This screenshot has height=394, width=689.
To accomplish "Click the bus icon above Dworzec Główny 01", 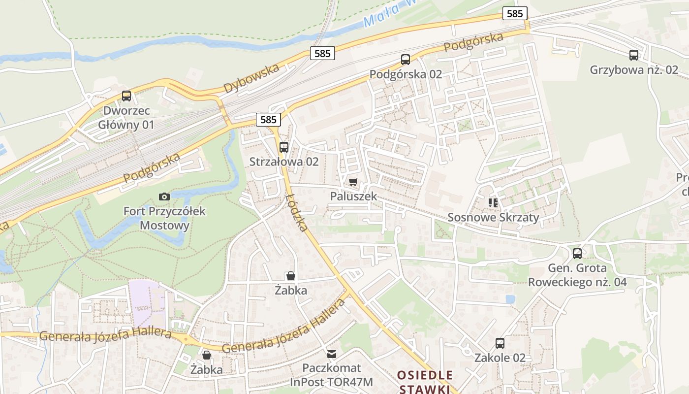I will (126, 96).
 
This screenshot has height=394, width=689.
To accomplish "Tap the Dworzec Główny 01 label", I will (126, 118).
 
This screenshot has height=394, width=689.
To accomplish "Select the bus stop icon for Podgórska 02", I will (406, 60).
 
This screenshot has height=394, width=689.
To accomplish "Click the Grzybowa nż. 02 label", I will (634, 70).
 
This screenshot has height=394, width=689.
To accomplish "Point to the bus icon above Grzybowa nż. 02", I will (634, 55).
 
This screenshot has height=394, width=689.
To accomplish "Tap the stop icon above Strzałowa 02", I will (284, 147).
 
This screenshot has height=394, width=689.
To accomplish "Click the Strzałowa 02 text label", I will (284, 162).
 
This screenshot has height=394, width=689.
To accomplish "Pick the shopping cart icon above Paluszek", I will (353, 182).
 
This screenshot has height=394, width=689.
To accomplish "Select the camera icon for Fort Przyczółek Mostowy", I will (164, 197).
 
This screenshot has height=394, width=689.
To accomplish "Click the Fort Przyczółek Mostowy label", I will (164, 219).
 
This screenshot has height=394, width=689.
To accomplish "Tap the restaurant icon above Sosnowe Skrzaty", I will (493, 202).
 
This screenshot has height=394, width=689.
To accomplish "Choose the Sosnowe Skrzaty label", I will (493, 217).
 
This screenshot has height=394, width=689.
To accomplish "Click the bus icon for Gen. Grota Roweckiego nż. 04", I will (577, 254).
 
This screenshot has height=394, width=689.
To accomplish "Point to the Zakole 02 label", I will (500, 358).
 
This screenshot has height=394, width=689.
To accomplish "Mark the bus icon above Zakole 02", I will (500, 343).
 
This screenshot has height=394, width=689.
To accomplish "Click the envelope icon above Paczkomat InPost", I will (332, 354).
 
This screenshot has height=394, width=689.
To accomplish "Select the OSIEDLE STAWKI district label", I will (425, 382).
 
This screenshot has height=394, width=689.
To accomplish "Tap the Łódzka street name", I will (297, 213).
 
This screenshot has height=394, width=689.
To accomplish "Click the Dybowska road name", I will (251, 78).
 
